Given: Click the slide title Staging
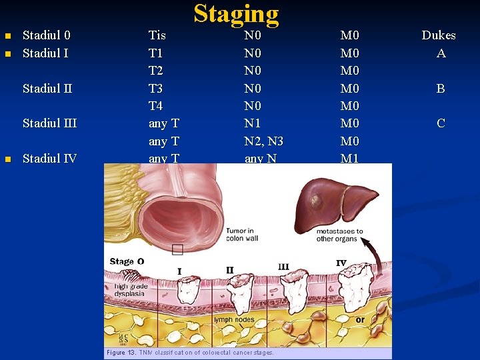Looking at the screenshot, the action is pyautogui.click(x=236, y=14).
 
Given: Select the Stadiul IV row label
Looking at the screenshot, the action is pyautogui.click(x=49, y=159).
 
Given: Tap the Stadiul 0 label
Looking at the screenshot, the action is pyautogui.click(x=47, y=35).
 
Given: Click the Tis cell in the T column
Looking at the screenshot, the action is pyautogui.click(x=157, y=35).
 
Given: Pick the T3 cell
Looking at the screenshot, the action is pyautogui.click(x=156, y=89).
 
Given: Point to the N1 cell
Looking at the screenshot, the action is pyautogui.click(x=253, y=123).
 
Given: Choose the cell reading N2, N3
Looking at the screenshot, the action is pyautogui.click(x=263, y=141).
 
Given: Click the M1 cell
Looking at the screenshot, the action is pyautogui.click(x=349, y=159).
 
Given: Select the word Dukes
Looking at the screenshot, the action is pyautogui.click(x=439, y=35).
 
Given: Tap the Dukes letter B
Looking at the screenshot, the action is pyautogui.click(x=441, y=89).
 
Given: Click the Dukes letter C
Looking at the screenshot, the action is pyautogui.click(x=441, y=123).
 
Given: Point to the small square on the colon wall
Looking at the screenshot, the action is pyautogui.click(x=177, y=250).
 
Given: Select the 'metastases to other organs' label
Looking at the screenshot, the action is pyautogui.click(x=340, y=235).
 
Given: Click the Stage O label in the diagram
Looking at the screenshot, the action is pyautogui.click(x=127, y=261).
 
